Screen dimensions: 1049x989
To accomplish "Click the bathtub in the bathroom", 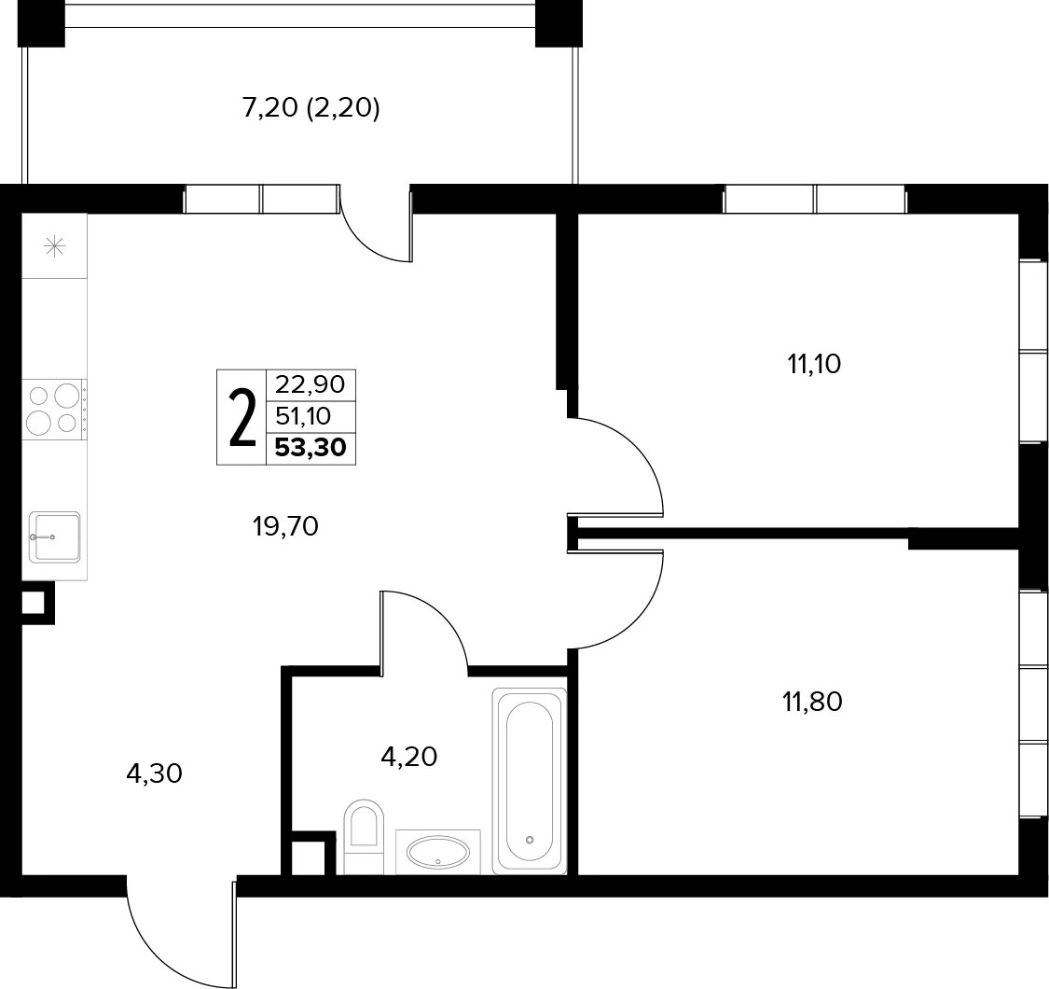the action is (x=530, y=781).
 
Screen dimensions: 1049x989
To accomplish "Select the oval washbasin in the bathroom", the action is (x=438, y=852).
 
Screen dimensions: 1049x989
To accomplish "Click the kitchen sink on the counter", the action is (x=55, y=536).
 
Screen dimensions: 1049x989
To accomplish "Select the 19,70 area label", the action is (x=285, y=527).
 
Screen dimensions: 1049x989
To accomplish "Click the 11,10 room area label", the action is (x=814, y=364).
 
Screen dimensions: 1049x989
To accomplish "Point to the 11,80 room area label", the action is (x=812, y=702).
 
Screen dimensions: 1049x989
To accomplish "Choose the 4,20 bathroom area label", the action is (x=408, y=757).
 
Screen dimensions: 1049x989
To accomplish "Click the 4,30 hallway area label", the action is (x=154, y=774).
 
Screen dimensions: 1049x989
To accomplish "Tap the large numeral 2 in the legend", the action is (x=242, y=419).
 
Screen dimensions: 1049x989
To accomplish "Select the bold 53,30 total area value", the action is (x=311, y=447).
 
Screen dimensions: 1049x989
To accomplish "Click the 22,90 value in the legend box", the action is (x=311, y=384).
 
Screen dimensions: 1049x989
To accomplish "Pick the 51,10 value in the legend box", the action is (x=304, y=416).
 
